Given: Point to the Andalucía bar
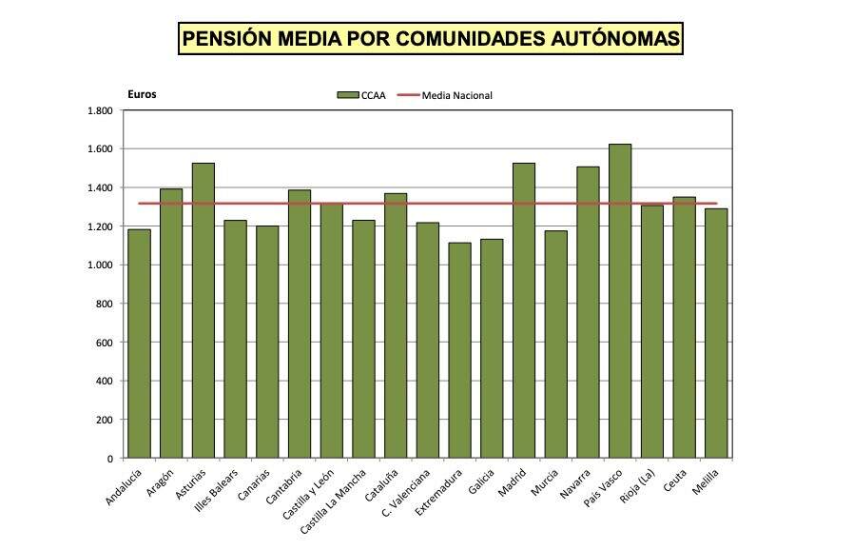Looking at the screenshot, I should pos(139,344).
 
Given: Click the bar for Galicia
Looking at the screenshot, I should pos(492,348).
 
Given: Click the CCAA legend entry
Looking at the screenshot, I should pos(361,95).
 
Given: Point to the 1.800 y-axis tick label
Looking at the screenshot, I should pos(99,110).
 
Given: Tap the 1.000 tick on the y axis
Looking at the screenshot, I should pos(99,265).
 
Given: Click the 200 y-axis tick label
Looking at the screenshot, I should pos(105,420).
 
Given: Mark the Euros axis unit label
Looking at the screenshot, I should pos(142,94).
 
